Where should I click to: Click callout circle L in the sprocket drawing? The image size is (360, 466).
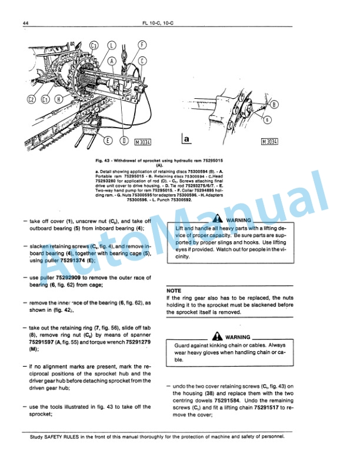[x=112, y=45]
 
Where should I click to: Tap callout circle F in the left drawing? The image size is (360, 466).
[x=142, y=44]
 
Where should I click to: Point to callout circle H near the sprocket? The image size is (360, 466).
[x=58, y=99]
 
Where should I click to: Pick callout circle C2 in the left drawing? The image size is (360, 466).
[x=31, y=99]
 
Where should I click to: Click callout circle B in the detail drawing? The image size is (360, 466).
[x=274, y=105]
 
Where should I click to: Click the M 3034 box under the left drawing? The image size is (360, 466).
[x=142, y=141]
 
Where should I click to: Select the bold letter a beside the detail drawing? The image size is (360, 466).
[x=186, y=140]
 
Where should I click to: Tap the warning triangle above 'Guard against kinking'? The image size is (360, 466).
[x=218, y=337]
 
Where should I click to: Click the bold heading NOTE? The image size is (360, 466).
[x=174, y=291]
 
